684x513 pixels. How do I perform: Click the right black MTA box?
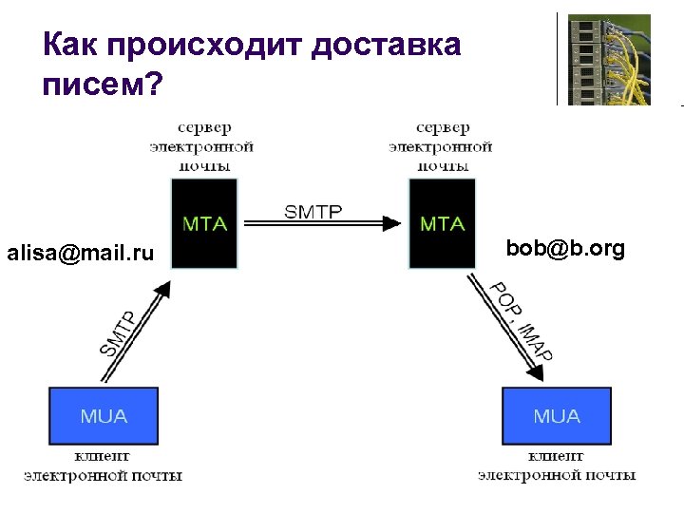pyautogui.click(x=442, y=222)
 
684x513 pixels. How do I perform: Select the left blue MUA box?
pyautogui.click(x=104, y=416)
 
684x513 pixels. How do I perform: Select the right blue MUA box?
pyautogui.click(x=556, y=416)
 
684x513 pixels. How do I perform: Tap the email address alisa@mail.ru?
pyautogui.click(x=80, y=254)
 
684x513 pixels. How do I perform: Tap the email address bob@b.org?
pyautogui.click(x=565, y=249)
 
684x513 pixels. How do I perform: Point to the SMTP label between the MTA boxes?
pyautogui.click(x=313, y=211)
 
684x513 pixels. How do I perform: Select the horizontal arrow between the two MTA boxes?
pyautogui.click(x=323, y=224)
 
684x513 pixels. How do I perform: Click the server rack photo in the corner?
pyautogui.click(x=609, y=58)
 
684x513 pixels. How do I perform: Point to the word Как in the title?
pyautogui.click(x=70, y=44)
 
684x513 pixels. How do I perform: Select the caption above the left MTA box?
pyautogui.click(x=203, y=146)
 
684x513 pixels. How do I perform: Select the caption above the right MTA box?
pyautogui.click(x=442, y=146)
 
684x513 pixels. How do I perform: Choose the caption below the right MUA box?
pyautogui.click(x=557, y=465)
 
